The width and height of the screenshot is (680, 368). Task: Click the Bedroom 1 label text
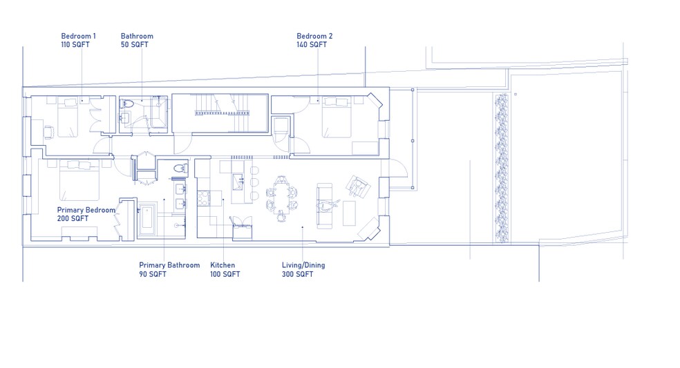(78, 40)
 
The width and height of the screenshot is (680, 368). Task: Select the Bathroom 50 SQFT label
(137, 40)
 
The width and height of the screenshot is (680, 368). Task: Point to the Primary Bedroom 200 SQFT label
(86, 214)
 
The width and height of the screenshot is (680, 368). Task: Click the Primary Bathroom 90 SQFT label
(169, 269)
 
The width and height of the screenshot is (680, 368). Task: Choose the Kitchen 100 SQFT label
(225, 269)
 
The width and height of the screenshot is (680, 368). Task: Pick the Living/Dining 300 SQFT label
(303, 269)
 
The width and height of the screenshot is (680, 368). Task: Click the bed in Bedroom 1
(70, 118)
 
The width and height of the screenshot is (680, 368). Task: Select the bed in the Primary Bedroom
(79, 180)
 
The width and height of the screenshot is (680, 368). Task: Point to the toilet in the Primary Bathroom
(180, 167)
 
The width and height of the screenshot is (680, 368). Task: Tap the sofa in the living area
(323, 205)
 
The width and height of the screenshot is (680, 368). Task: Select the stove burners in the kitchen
(204, 200)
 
